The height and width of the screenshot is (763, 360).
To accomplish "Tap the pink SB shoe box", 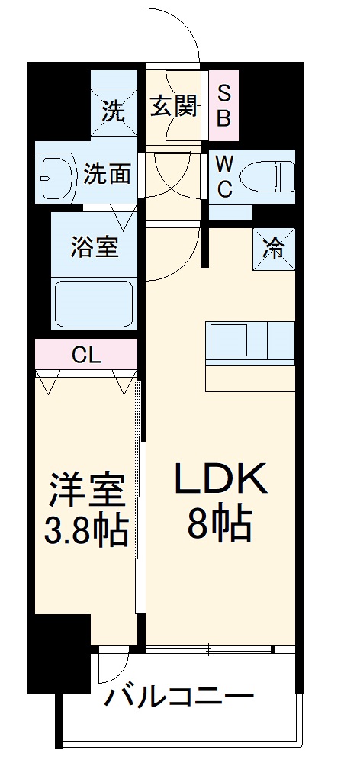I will [225, 105].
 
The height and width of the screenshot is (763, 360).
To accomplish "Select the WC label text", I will [224, 176].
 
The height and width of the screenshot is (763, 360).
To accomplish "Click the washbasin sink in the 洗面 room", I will [53, 175].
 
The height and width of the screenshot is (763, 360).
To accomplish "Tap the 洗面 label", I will [107, 175].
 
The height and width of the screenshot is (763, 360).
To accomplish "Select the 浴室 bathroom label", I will [95, 247].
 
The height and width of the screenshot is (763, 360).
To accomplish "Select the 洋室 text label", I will [87, 489].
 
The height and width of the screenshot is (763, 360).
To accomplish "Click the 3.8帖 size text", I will [86, 532].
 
